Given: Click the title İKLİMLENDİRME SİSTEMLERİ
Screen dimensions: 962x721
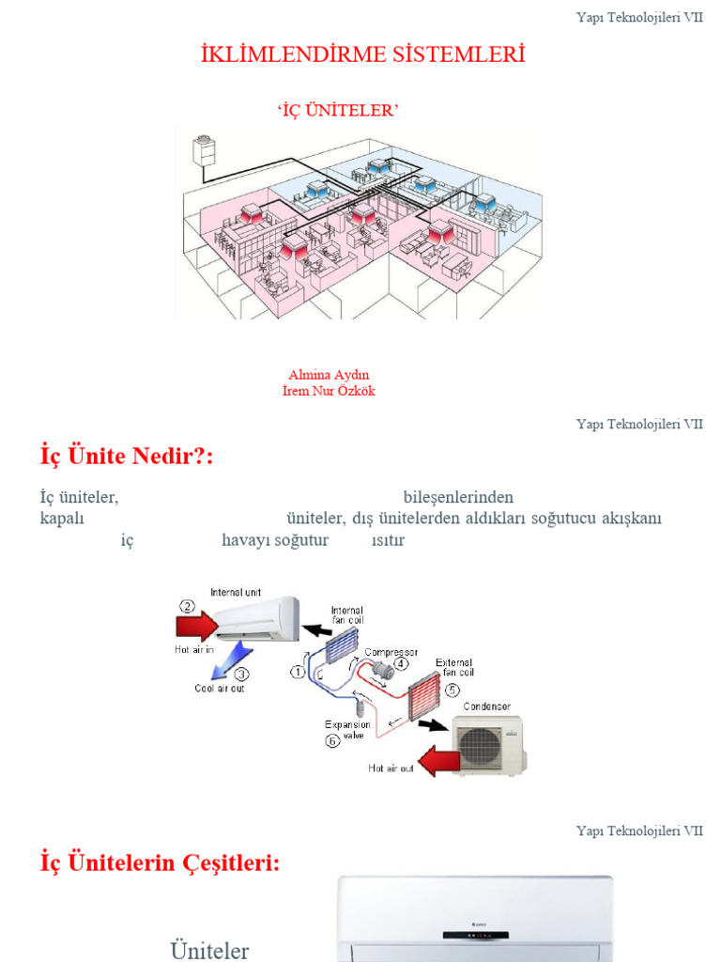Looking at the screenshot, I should (362, 55).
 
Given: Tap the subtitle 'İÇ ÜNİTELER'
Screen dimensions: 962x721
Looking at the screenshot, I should (338, 112).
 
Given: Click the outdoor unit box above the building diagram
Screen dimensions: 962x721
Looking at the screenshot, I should (204, 150).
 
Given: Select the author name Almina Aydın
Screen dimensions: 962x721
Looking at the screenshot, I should (329, 375).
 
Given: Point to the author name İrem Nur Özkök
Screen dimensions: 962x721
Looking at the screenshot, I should (329, 391).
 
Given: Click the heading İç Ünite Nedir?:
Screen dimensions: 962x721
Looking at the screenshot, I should (127, 457).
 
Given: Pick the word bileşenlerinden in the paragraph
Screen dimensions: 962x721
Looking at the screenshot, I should (458, 497).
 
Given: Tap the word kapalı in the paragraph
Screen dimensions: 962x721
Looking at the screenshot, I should (62, 519).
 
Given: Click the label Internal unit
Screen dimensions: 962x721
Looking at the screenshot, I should (236, 592).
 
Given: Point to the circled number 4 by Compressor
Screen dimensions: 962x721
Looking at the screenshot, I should (402, 662).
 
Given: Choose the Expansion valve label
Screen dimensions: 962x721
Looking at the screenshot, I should (347, 730).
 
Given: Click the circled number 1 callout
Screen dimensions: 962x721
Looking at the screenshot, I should (298, 672).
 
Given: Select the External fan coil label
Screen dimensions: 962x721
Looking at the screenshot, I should (453, 668).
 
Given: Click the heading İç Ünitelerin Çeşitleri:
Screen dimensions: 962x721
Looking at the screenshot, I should (160, 862).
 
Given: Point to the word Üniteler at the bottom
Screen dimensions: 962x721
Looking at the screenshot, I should (209, 951).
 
